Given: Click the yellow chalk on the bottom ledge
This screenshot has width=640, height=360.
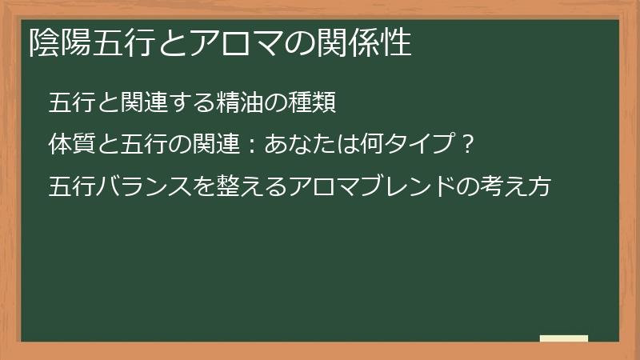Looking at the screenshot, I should tap(564, 338).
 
